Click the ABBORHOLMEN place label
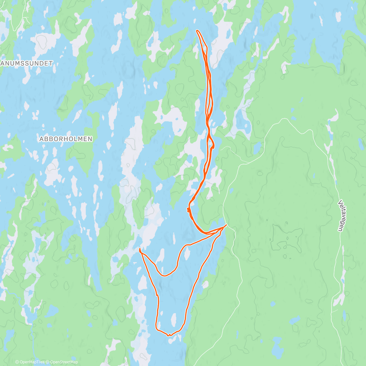(66, 139)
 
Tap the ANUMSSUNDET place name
(27, 63)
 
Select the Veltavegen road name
(341, 215)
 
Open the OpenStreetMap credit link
(64, 362)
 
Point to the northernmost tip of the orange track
(197, 30)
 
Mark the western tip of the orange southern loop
(140, 250)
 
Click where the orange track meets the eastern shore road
(226, 225)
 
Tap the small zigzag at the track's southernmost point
(169, 335)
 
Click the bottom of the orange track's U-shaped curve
(165, 276)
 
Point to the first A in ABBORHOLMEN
(41, 139)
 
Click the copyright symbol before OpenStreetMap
(48, 362)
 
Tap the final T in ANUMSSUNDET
(51, 63)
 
